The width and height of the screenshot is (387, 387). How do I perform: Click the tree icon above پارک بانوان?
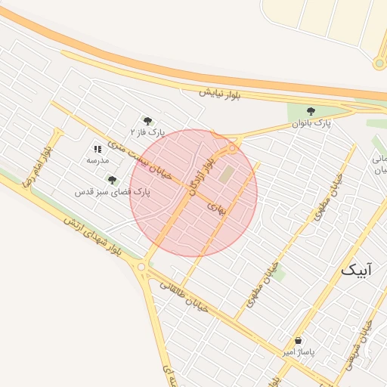(x=311, y=111)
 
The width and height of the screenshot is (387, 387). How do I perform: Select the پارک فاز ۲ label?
(x=147, y=132)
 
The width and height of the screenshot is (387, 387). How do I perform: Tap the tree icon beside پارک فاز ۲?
(x=147, y=120)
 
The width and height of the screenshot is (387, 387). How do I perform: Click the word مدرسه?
(x=98, y=160)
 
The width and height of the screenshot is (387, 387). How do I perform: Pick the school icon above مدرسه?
(x=98, y=149)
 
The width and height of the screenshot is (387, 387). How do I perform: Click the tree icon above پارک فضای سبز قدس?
(x=112, y=180)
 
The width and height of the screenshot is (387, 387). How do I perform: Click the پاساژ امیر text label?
(x=299, y=352)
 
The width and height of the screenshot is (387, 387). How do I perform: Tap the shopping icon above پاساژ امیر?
(x=299, y=341)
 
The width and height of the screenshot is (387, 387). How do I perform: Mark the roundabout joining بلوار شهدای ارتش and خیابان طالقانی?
(x=141, y=266)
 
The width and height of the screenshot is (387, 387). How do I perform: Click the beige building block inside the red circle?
(x=228, y=173)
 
